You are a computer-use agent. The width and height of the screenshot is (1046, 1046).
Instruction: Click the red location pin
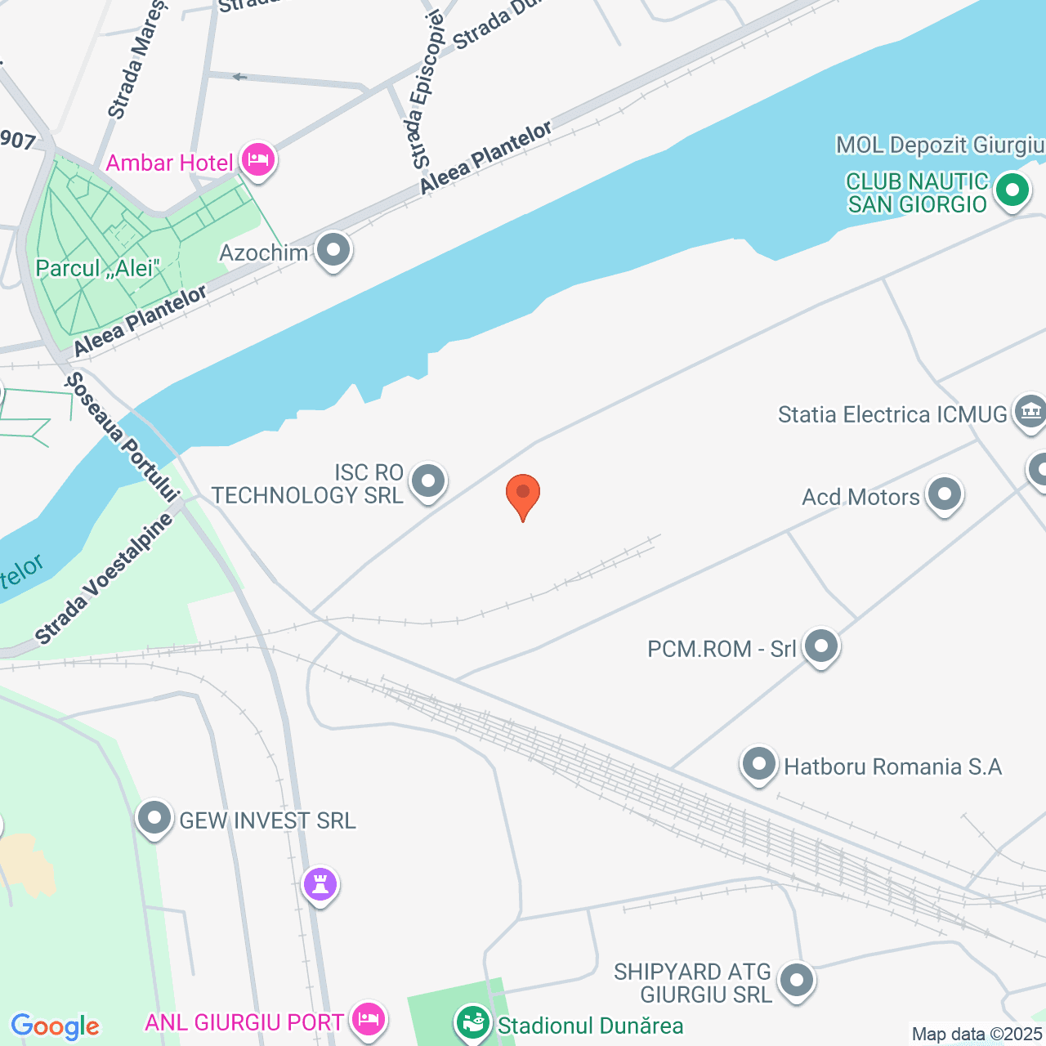coord(523,494)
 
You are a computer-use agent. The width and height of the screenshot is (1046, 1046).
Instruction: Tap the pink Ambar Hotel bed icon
coord(258,159)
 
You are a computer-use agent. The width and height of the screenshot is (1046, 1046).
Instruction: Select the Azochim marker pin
coord(333,250)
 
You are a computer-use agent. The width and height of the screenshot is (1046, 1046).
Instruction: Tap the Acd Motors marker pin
coord(945,494)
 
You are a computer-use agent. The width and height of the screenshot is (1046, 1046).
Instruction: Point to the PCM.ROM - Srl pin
coord(821,646)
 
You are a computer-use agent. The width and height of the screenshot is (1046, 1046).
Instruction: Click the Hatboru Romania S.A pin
coord(759,765)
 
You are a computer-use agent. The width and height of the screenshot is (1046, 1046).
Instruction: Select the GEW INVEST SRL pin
coord(154,818)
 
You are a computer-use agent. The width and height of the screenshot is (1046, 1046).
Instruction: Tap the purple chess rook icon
coord(320,884)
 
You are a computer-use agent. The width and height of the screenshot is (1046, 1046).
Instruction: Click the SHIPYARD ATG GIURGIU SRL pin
coord(797,980)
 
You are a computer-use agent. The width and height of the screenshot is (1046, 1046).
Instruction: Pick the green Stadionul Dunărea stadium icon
coord(472,1021)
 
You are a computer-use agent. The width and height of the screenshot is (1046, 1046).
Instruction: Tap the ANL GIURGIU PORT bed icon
coord(368,1019)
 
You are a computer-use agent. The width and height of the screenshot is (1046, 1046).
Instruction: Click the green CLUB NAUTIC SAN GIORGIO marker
coord(1012,191)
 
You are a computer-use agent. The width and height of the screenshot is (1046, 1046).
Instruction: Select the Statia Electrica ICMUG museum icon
coord(1030,411)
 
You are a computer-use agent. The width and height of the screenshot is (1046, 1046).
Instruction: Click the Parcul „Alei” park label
coord(97,268)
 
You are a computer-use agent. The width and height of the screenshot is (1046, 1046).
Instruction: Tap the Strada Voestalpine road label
coord(104,579)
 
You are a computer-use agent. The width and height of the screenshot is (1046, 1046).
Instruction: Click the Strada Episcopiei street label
coord(425,90)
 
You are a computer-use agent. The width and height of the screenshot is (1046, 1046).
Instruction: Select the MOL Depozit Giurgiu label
coord(940,145)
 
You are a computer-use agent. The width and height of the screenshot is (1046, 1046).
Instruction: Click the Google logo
coord(55,1026)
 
